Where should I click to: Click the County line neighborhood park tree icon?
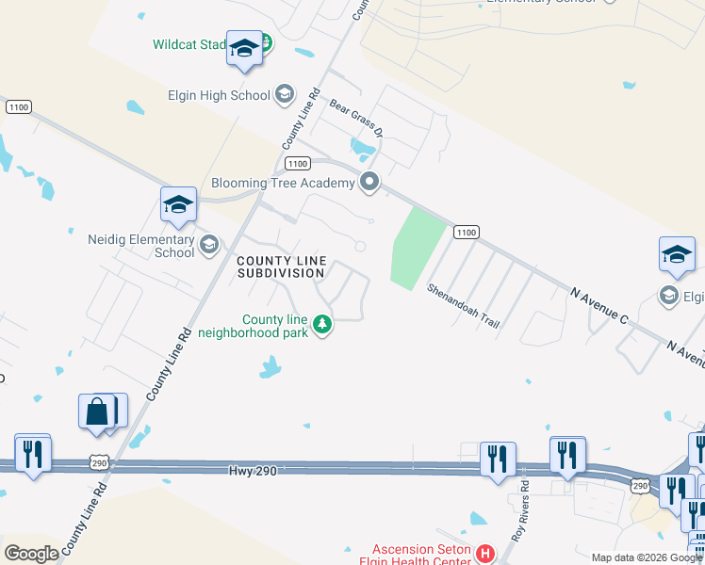point(322,325)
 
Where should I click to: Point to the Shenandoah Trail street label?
point(462,305)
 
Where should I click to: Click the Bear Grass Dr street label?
point(356,115)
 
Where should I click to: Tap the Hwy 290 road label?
point(253,470)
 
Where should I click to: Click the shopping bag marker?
point(97,412)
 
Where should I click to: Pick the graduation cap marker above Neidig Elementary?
point(178,204)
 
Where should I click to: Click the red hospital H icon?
point(485,553)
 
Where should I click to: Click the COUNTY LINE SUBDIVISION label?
point(281,266)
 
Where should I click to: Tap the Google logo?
point(31,554)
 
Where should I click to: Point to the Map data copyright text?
point(646,557)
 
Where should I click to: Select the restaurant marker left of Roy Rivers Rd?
point(497,459)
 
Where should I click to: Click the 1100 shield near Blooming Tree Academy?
point(296,163)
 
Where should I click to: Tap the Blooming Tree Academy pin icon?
point(370,183)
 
